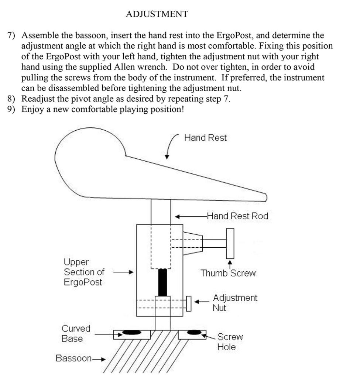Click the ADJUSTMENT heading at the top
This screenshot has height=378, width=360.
pos(157,14)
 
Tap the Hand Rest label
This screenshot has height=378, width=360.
pos(205,138)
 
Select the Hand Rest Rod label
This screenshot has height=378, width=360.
pos(237,216)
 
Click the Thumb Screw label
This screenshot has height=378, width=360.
pos(228,273)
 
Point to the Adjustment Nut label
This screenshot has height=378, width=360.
pos(235,302)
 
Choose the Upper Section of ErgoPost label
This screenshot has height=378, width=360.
pos(84,272)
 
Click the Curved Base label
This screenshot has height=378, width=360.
pos(76,333)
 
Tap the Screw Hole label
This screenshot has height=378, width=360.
pos(230,342)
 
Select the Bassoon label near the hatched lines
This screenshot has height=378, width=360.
pos(73,358)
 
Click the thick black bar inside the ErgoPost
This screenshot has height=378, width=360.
pos(162,282)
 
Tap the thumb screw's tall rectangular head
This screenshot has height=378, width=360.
pos(230,243)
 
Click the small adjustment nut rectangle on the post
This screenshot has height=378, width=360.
pos(189,303)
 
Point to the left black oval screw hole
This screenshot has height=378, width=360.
pos(131,333)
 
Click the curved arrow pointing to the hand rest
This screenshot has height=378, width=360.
pos(170,146)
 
